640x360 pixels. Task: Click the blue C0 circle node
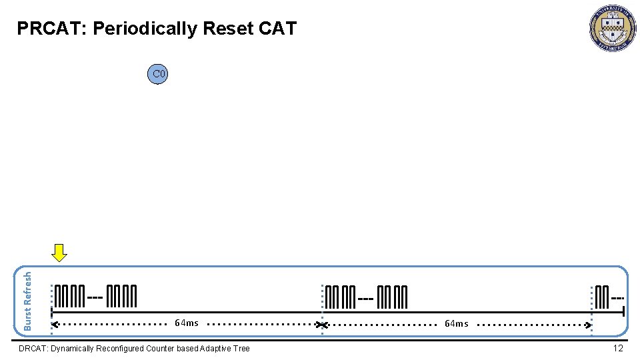(158, 74)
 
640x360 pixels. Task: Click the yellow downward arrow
(60, 253)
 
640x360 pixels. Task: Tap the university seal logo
(612, 29)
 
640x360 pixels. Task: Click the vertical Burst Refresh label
(28, 300)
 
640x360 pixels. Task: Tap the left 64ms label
(186, 323)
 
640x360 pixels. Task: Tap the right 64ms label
(457, 324)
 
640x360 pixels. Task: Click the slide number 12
(618, 348)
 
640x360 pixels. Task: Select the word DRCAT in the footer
(32, 349)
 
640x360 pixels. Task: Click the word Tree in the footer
(241, 349)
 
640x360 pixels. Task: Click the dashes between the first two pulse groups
(95, 297)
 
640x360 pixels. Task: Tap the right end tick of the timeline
(623, 311)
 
